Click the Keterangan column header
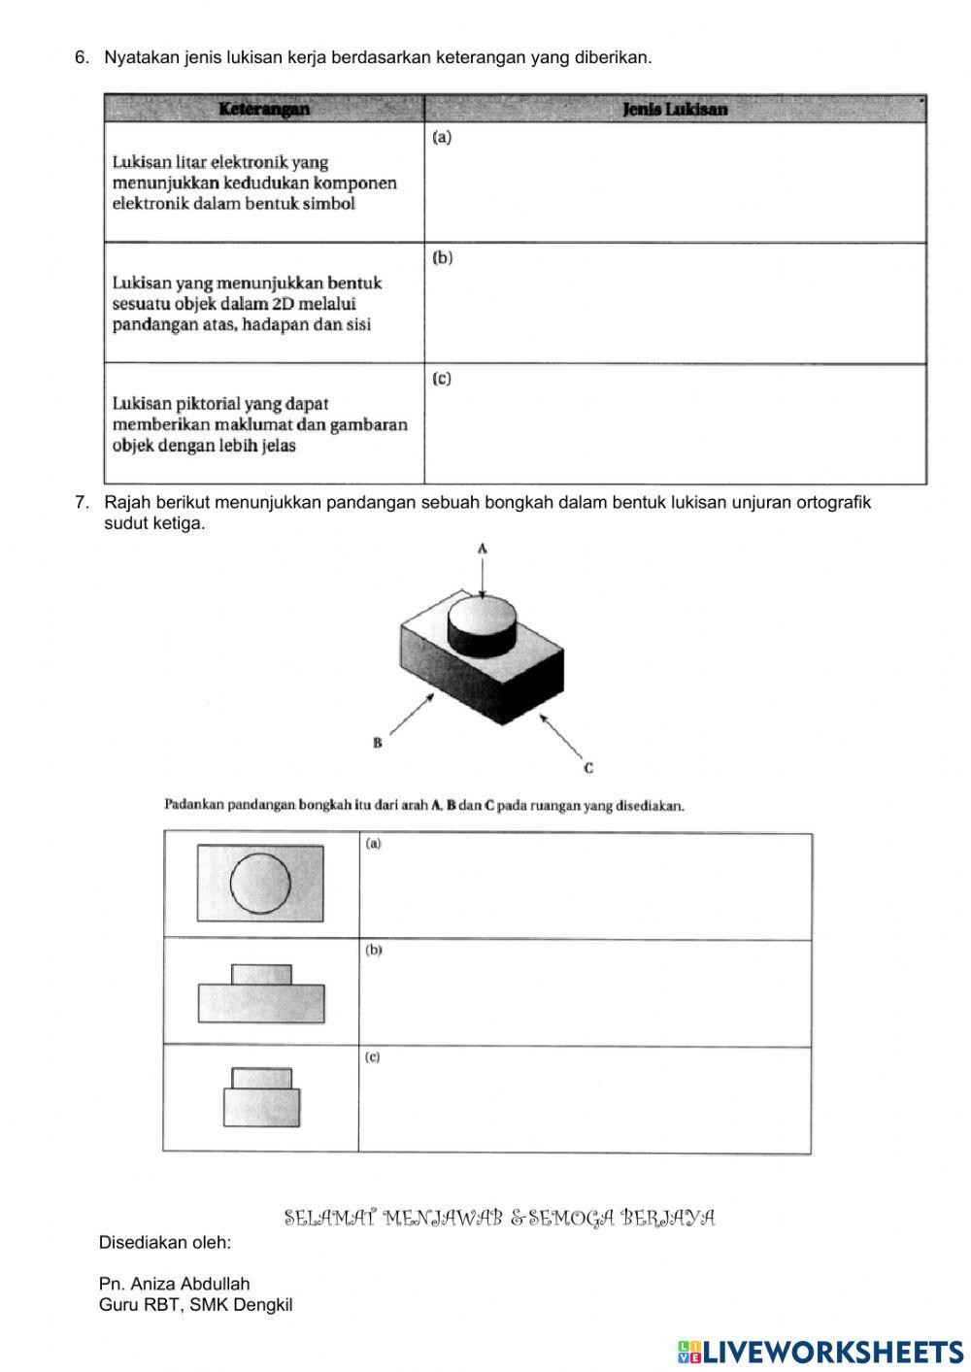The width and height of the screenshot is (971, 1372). pyautogui.click(x=263, y=109)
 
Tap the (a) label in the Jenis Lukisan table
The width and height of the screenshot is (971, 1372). pyautogui.click(x=442, y=138)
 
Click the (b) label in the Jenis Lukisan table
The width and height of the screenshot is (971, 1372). pyautogui.click(x=442, y=258)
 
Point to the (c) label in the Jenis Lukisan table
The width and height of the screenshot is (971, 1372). pyautogui.click(x=442, y=379)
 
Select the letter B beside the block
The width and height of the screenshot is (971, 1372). pyautogui.click(x=377, y=744)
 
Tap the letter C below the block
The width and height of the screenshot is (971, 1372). pyautogui.click(x=588, y=768)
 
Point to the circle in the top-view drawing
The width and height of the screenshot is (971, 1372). pyautogui.click(x=260, y=884)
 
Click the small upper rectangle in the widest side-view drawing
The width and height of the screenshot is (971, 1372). pyautogui.click(x=261, y=975)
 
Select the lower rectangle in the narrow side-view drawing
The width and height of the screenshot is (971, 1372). pyautogui.click(x=261, y=1107)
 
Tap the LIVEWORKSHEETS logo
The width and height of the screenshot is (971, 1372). pyautogui.click(x=820, y=1351)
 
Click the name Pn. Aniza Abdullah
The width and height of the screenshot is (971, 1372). pyautogui.click(x=174, y=1284)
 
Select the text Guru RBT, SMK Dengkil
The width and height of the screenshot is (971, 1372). pyautogui.click(x=195, y=1305)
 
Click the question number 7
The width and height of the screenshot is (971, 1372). pyautogui.click(x=82, y=503)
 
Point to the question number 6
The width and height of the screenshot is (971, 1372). pyautogui.click(x=82, y=58)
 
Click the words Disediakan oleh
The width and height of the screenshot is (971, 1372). pyautogui.click(x=165, y=1242)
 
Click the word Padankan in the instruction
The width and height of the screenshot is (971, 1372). pyautogui.click(x=194, y=805)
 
